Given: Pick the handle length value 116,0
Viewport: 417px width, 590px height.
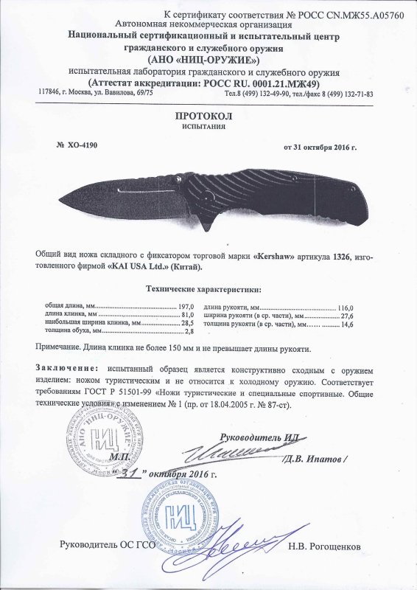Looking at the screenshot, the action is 346,306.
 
